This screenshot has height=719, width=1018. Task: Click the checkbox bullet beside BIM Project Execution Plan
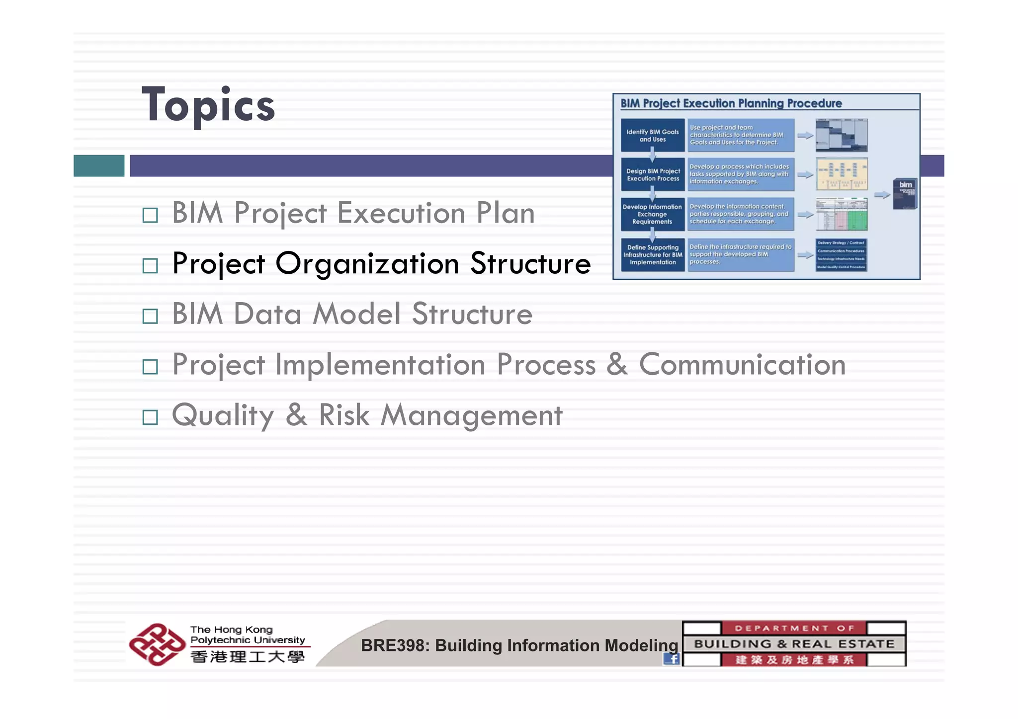pos(150,215)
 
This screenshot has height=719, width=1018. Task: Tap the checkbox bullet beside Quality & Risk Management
pos(150,417)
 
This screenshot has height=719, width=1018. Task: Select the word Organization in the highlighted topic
pos(367,264)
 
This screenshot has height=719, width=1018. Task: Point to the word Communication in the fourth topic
pos(742,365)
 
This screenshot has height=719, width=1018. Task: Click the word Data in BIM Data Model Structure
pos(267,315)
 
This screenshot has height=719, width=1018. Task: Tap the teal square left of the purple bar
pos(99,165)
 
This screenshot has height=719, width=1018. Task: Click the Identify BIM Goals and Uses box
pos(652,136)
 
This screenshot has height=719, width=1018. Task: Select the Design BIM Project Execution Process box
pos(653,174)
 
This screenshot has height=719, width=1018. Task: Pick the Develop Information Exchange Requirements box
pos(652,214)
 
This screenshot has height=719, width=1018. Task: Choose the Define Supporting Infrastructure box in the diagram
pos(653,255)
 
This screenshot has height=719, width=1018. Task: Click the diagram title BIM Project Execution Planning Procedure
pos(731,103)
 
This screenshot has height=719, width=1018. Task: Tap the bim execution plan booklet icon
pos(904,194)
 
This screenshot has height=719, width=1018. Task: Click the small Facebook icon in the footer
pos(672,659)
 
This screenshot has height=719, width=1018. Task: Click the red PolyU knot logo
pos(157,644)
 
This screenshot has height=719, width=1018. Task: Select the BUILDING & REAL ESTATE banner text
pos(794,644)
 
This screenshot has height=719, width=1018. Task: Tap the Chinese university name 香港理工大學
pos(247,657)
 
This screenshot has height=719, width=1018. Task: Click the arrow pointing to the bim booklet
pos(881,195)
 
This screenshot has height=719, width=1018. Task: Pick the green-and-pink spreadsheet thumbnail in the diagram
pos(841,214)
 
